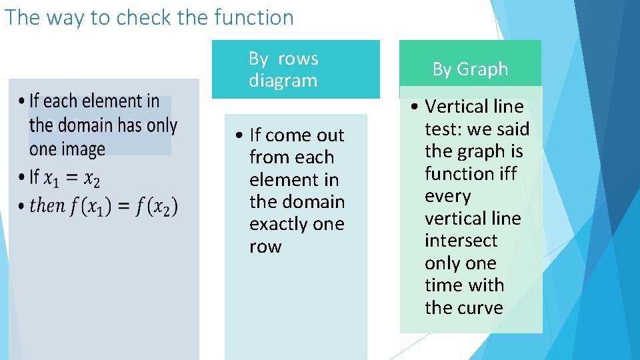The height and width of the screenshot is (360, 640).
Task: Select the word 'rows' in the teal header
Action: click(x=298, y=59)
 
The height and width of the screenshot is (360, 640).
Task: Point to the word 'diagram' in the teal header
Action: click(x=283, y=81)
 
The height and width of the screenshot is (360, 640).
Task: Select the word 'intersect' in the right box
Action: click(x=461, y=241)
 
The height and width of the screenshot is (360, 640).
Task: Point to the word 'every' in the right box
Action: click(x=447, y=197)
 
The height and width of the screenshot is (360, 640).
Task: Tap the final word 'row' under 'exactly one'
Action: click(x=265, y=247)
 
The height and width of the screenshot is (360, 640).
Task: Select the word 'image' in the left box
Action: click(x=87, y=149)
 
